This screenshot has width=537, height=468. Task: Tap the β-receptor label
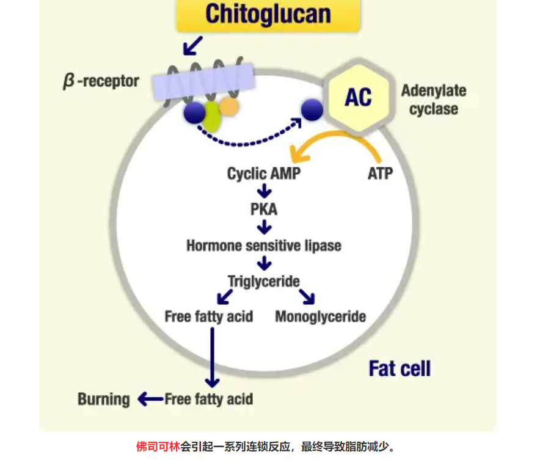click(x=101, y=81)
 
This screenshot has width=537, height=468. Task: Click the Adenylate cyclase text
click(x=433, y=100)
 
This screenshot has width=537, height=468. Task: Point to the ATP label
click(x=380, y=174)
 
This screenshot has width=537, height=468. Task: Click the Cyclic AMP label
click(x=264, y=174)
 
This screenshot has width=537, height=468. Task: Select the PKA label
click(x=264, y=210)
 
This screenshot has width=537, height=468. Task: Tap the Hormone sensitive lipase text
click(x=264, y=246)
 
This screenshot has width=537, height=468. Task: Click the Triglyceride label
click(x=264, y=281)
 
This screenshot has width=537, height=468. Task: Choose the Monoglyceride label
click(x=320, y=316)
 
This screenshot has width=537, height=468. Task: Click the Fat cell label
click(x=400, y=369)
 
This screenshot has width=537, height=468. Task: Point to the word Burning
click(x=103, y=400)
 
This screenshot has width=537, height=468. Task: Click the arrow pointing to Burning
click(x=150, y=400)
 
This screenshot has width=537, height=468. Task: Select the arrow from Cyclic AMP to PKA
click(x=264, y=191)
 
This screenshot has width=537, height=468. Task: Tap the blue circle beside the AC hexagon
click(x=312, y=109)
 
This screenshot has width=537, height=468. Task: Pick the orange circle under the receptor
click(x=228, y=107)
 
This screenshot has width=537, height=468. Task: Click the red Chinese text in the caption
click(x=158, y=447)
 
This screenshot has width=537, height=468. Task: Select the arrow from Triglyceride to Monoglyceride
click(x=306, y=297)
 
